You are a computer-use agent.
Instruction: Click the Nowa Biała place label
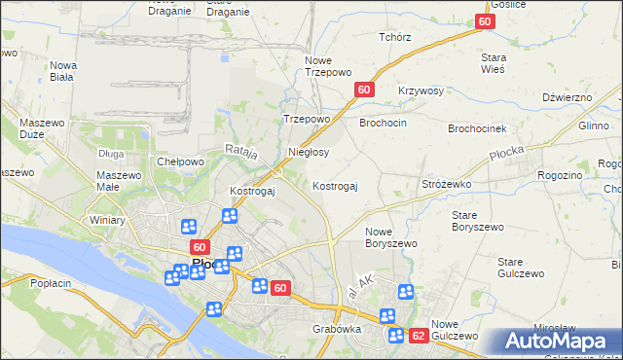coord(63,71)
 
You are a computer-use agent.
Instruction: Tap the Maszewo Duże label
coord(40,130)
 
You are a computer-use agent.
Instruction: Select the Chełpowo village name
coord(180,162)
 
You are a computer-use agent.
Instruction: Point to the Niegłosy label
coord(310,153)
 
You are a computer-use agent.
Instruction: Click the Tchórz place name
coord(395,37)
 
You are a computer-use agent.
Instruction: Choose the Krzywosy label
coord(421,90)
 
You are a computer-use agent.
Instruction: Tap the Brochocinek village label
coord(477,128)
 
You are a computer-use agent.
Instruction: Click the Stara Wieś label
coord(494,63)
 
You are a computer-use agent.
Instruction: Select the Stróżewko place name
coord(446,183)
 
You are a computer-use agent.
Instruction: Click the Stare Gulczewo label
coord(521,268)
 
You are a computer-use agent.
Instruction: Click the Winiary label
coord(105,220)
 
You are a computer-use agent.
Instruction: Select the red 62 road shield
coord(419,336)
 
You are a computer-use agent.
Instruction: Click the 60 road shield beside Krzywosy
coord(364,90)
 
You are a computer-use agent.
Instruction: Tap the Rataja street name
coord(240,151)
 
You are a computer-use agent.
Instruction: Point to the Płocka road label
coord(507,153)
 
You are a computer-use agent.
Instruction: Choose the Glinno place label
coord(593,126)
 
